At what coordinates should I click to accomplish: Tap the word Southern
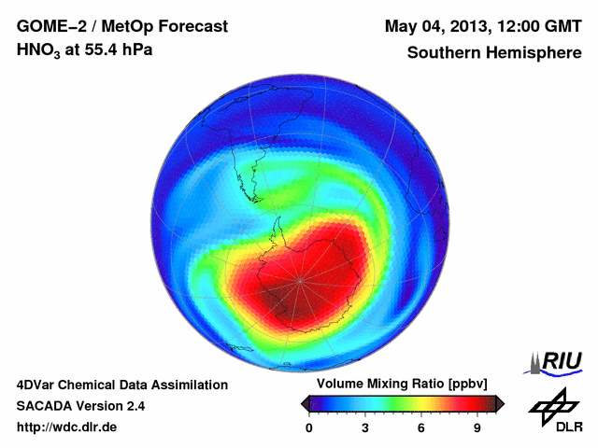tap(444, 52)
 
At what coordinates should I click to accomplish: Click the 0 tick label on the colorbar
tap(309, 427)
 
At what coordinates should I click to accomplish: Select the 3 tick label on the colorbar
tap(365, 427)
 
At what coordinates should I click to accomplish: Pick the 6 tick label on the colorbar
tap(421, 427)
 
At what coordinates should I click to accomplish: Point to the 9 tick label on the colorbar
tap(477, 427)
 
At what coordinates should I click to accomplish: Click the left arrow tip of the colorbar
tap(305, 403)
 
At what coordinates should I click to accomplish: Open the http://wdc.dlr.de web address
tap(67, 427)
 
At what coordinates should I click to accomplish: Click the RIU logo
tap(557, 360)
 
